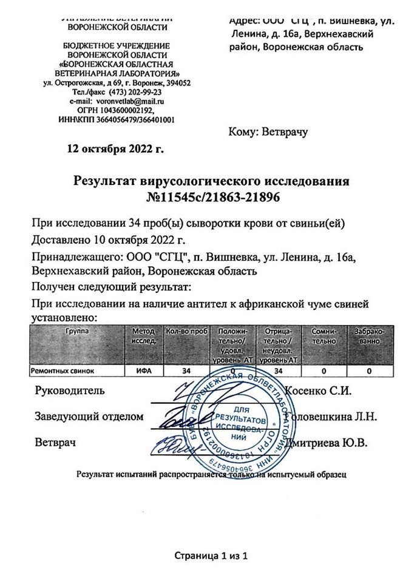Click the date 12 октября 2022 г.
[116, 148]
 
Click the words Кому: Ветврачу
[268, 132]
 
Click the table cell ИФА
[143, 369]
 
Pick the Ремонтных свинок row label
[63, 369]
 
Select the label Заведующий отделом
[89, 417]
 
